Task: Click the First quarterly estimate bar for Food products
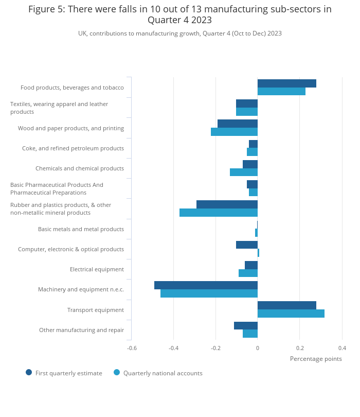(286, 83)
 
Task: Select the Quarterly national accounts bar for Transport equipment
(291, 314)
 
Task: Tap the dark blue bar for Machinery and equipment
(206, 285)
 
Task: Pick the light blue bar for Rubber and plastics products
(219, 213)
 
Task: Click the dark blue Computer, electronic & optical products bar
(247, 245)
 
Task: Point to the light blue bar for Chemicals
(244, 172)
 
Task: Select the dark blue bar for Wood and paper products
(238, 124)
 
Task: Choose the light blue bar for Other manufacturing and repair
(250, 334)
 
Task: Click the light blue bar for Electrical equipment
(248, 273)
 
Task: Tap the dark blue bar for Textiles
(247, 103)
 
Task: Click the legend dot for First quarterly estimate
(29, 372)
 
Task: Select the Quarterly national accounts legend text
(163, 373)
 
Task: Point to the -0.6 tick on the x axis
(132, 348)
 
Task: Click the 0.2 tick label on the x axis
(300, 348)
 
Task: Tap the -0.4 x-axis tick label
(174, 348)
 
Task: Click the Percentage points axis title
(316, 359)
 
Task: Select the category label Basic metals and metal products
(81, 229)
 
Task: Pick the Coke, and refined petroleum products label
(73, 148)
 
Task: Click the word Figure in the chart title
(42, 9)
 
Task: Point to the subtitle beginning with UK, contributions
(180, 33)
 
